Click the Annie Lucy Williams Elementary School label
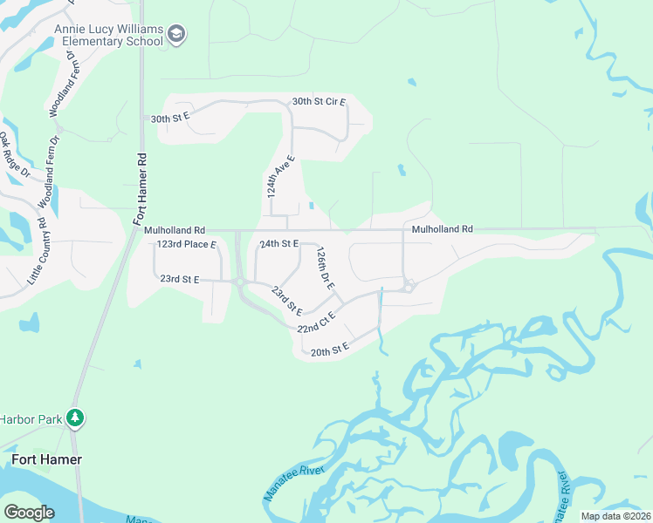[x=108, y=34]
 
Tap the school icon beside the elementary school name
[x=178, y=35]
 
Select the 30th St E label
[x=169, y=119]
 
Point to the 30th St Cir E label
[x=319, y=102]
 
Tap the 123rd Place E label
[x=186, y=245]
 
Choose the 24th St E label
[x=279, y=244]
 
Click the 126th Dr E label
[x=326, y=268]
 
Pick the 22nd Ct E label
[x=316, y=324]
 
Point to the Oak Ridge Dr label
[x=14, y=156]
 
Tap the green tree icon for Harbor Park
[x=76, y=418]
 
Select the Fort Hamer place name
[x=46, y=459]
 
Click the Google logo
[x=29, y=512]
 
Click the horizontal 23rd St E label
[x=180, y=279]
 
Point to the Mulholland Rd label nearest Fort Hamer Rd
[x=175, y=230]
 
